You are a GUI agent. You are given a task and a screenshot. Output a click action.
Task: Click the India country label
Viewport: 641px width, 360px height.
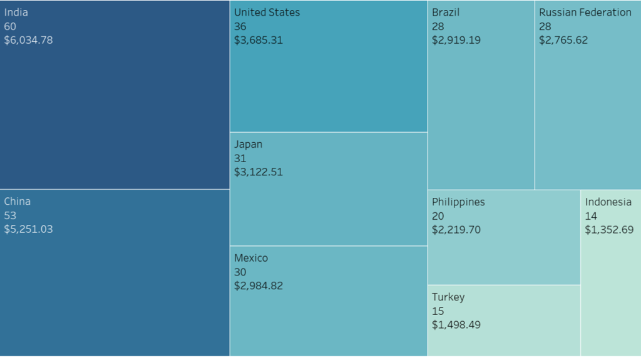(x=16, y=13)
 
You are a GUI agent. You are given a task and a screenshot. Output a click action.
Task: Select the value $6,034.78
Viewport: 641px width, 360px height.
(x=28, y=40)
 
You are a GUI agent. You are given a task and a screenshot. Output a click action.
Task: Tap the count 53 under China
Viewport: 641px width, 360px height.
(x=10, y=215)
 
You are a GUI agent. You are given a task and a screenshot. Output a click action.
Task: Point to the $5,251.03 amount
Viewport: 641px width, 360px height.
(x=28, y=229)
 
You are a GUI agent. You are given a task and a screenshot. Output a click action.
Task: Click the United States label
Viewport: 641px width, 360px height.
(x=267, y=13)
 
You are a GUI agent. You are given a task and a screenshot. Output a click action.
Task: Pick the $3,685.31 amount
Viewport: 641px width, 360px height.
(x=258, y=40)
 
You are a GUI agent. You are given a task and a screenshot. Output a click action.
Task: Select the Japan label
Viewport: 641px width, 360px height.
(x=248, y=144)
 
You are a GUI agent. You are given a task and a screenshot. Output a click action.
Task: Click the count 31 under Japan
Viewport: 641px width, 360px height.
(x=240, y=158)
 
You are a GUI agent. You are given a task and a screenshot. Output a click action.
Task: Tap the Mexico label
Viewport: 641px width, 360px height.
(x=250, y=258)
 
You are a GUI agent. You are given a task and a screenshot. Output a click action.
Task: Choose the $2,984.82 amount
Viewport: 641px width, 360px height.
(x=258, y=285)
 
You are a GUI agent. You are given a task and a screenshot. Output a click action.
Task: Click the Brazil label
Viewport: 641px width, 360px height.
(x=446, y=13)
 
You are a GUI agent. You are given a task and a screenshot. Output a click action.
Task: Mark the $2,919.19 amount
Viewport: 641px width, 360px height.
(x=456, y=40)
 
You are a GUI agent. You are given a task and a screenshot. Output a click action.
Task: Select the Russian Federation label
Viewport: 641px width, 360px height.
(x=585, y=13)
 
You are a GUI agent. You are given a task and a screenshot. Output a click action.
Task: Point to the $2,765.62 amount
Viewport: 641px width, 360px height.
(x=563, y=40)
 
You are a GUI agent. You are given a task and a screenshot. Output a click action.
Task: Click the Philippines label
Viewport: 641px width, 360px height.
(x=458, y=202)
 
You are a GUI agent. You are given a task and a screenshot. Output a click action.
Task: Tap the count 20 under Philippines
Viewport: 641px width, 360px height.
(x=438, y=216)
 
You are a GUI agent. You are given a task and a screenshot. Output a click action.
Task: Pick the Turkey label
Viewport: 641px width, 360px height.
(x=448, y=297)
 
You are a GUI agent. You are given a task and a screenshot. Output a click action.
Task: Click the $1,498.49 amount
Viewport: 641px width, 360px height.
(x=456, y=324)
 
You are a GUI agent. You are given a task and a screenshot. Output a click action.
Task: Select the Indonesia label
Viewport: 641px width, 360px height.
(x=608, y=202)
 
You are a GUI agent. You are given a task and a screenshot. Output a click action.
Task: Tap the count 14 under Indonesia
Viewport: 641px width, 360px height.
(x=591, y=216)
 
